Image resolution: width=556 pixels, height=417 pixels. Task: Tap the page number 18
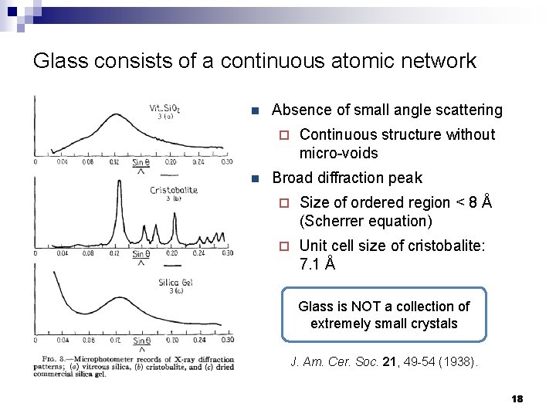(517, 398)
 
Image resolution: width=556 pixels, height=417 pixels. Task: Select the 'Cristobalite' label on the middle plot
(174, 190)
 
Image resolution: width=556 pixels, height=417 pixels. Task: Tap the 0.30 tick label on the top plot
(226, 162)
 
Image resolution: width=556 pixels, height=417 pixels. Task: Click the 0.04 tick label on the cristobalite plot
(62, 253)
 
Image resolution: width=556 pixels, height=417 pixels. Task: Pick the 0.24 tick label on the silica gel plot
(198, 341)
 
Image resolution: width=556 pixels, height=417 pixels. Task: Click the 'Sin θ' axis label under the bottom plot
(141, 341)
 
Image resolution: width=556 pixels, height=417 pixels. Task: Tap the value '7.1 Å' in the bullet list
(317, 264)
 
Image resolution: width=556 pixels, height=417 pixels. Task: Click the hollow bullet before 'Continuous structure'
(283, 135)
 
